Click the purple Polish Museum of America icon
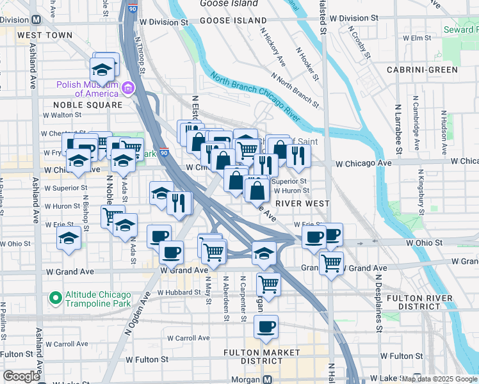(128, 88)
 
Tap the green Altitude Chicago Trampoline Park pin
(56, 298)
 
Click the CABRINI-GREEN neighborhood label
(421, 70)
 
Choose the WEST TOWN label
(45, 35)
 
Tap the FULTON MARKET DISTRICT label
(261, 356)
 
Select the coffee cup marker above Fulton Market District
(265, 326)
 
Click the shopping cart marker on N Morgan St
(268, 284)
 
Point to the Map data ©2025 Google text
(439, 380)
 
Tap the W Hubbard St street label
(181, 292)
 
